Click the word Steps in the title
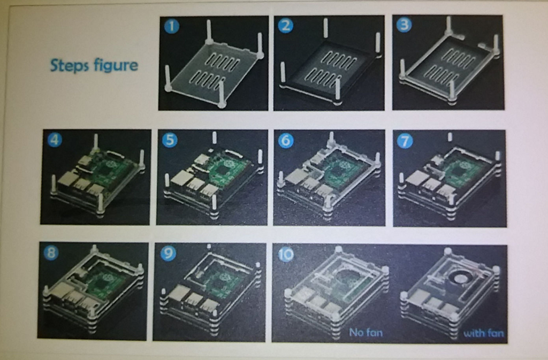point(69,66)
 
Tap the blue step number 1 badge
point(171,26)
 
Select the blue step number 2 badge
point(286,26)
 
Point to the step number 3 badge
point(404,25)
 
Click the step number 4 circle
point(55,140)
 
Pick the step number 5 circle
point(170,140)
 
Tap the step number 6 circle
point(286,141)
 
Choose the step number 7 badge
point(405,141)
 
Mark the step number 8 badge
point(51,252)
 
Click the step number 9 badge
point(168,253)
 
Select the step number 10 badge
point(286,255)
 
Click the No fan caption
point(366,332)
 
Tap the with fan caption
point(483,333)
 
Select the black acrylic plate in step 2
point(329,66)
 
